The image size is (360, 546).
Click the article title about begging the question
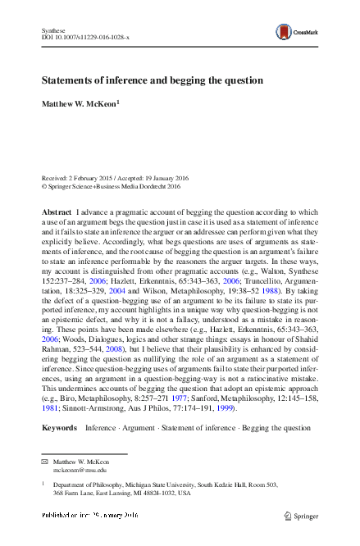(153, 81)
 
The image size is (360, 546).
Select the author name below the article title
(80, 103)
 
